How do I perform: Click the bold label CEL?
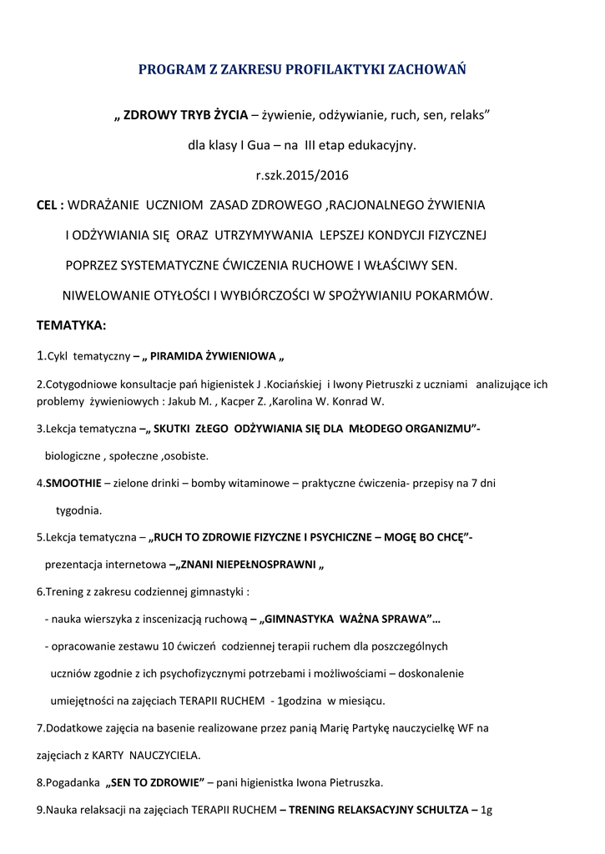pyautogui.click(x=49, y=205)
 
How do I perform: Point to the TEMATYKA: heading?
pyautogui.click(x=71, y=325)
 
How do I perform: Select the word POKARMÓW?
pyautogui.click(x=456, y=295)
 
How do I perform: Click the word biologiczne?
pyautogui.click(x=71, y=456)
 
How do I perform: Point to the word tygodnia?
pyautogui.click(x=78, y=510)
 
